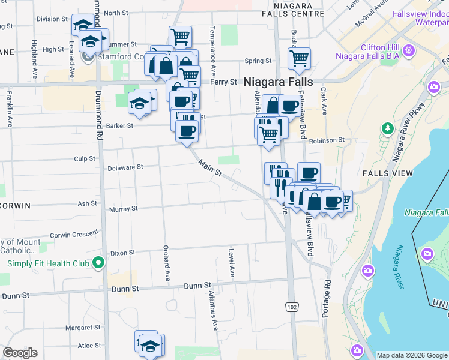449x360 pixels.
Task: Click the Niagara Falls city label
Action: tap(278, 82)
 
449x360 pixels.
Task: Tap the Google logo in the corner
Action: tap(20, 353)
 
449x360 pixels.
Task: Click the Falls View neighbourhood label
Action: tap(388, 173)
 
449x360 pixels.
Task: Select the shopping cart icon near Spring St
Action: tap(298, 58)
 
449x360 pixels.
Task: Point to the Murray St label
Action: tap(123, 209)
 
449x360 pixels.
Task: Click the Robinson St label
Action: tap(327, 140)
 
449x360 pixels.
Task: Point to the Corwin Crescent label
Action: tap(74, 235)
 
